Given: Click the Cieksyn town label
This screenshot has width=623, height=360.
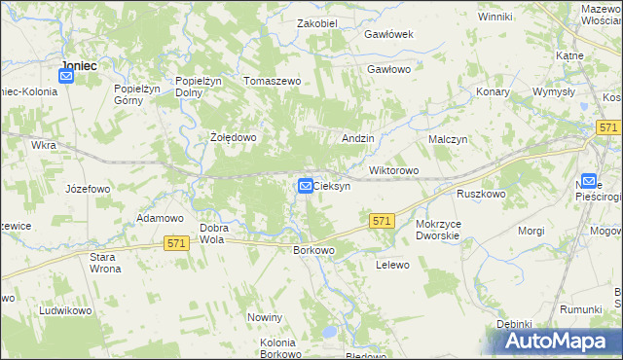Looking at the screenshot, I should coord(333,186).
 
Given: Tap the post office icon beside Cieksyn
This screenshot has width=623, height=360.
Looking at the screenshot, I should coord(306,185).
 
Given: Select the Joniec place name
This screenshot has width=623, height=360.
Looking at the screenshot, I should coord(78,66).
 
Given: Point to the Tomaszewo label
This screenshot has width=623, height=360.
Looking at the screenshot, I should coord(273,82).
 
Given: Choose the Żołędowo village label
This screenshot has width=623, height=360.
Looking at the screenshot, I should coord(234,138).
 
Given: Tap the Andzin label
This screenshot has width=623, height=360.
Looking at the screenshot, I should coord(358,139).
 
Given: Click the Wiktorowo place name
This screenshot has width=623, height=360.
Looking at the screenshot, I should coord(393,171).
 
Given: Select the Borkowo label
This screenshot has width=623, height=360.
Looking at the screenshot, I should coord(313,250).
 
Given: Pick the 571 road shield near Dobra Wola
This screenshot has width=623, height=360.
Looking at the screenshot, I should coord(175,242).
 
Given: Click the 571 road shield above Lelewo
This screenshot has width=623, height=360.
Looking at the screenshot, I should coord(382,222).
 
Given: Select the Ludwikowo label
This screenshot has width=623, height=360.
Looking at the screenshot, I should coord(65,311).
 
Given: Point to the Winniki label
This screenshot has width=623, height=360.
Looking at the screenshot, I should coord(495,17).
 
